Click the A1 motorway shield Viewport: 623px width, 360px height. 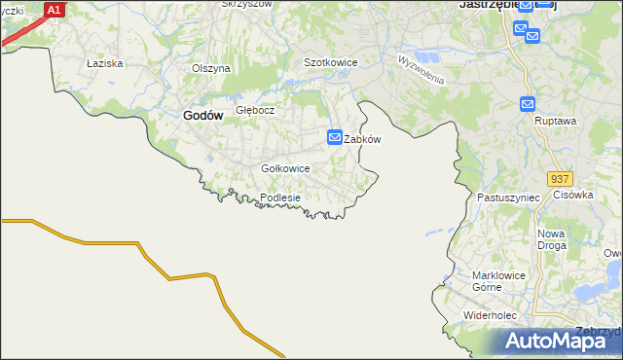(x=55, y=10)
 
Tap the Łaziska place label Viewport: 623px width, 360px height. (x=103, y=63)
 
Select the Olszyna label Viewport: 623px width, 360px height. (x=211, y=68)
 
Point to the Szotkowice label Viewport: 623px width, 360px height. (x=331, y=62)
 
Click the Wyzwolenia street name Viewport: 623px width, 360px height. (x=421, y=68)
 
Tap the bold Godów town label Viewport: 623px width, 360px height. (x=202, y=115)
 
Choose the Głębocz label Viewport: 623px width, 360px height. (x=256, y=110)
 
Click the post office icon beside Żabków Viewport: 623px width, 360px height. (x=335, y=138)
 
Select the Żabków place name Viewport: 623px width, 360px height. (x=362, y=139)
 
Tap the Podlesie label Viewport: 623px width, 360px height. (x=280, y=198)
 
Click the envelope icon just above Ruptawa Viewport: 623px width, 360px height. (x=528, y=104)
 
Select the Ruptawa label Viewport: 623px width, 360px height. (x=556, y=122)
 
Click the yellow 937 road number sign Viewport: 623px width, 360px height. (x=560, y=180)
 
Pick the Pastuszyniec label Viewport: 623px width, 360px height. (x=508, y=198)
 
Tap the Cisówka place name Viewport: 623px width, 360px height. (x=573, y=195)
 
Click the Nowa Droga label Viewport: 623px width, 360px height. (x=552, y=239)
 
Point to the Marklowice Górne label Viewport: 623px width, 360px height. (x=499, y=281)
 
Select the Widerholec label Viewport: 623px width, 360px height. (x=495, y=316)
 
